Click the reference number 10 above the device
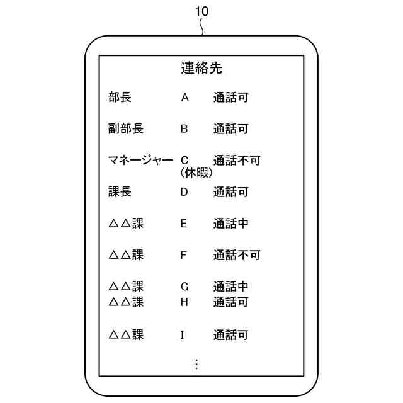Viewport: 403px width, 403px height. pyautogui.click(x=201, y=11)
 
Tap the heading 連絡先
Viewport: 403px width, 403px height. pyautogui.click(x=201, y=69)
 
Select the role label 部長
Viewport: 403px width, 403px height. pyautogui.click(x=120, y=98)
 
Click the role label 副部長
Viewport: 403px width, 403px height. pyautogui.click(x=126, y=129)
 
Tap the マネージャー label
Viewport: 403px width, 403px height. pyautogui.click(x=140, y=161)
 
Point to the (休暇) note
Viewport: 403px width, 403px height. pyautogui.click(x=196, y=172)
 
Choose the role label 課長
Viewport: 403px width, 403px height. pyautogui.click(x=120, y=192)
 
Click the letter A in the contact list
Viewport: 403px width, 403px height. pyautogui.click(x=184, y=98)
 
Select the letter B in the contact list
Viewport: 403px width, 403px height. pyautogui.click(x=184, y=129)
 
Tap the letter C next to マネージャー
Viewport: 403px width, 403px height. pyautogui.click(x=184, y=161)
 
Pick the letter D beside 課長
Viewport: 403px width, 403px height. pyautogui.click(x=184, y=192)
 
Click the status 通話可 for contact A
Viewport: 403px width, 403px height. pyautogui.click(x=230, y=98)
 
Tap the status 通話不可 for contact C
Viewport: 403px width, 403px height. pyautogui.click(x=236, y=161)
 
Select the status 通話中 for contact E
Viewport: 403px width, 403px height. pyautogui.click(x=230, y=224)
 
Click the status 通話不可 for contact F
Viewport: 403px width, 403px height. pyautogui.click(x=236, y=255)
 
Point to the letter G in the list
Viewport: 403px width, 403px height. pyautogui.click(x=184, y=287)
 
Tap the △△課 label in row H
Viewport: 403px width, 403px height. pyautogui.click(x=126, y=302)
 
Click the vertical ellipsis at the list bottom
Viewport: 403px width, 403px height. pyautogui.click(x=196, y=364)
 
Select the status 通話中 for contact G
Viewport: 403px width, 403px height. pyautogui.click(x=230, y=287)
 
